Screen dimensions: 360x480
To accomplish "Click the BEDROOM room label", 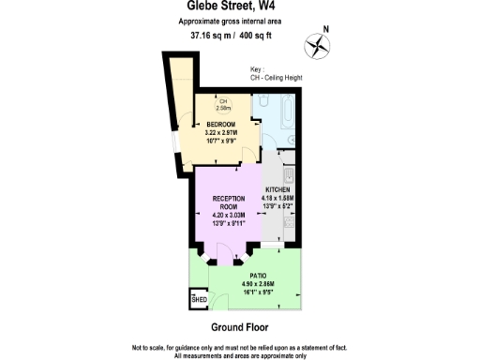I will click(x=221, y=124).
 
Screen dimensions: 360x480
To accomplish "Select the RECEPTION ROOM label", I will click(x=228, y=202).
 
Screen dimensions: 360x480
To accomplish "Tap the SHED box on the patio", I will click(x=200, y=299).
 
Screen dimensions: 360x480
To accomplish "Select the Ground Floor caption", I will click(x=239, y=328).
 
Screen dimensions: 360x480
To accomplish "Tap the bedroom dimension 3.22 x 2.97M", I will click(x=221, y=132).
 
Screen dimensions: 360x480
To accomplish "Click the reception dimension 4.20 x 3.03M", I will click(x=228, y=216).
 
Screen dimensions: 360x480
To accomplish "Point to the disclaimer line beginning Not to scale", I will click(x=240, y=347).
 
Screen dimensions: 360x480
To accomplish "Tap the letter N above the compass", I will click(x=327, y=29).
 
